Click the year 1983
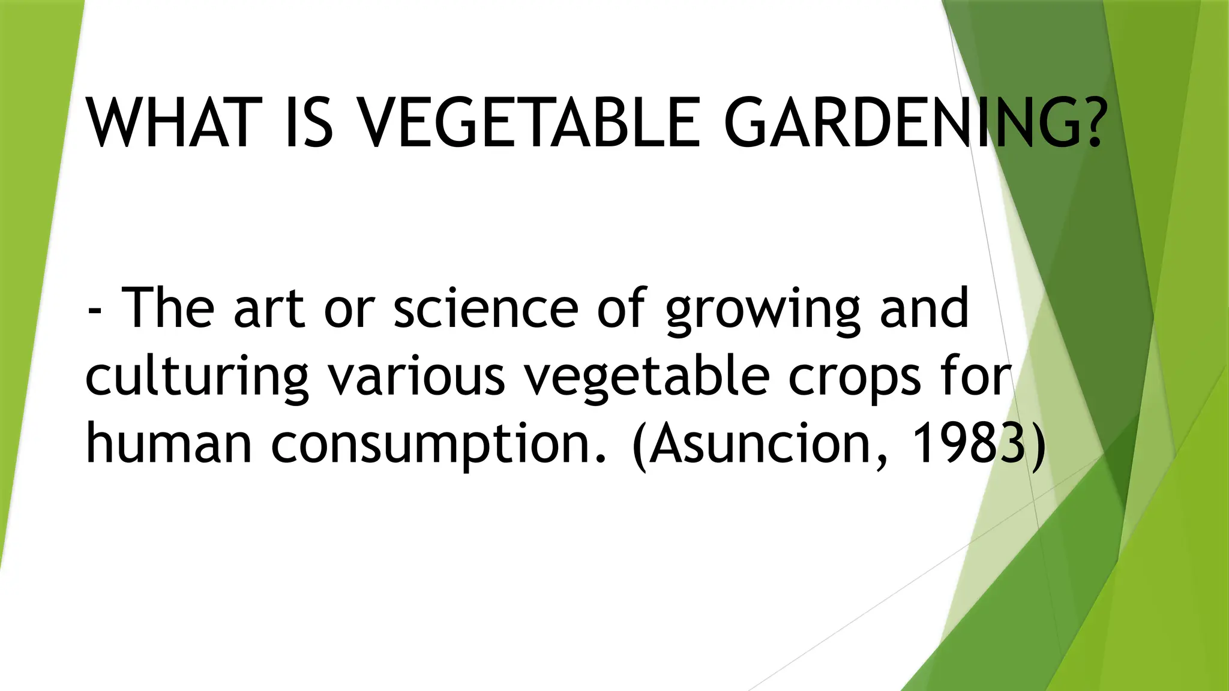click(x=968, y=444)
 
